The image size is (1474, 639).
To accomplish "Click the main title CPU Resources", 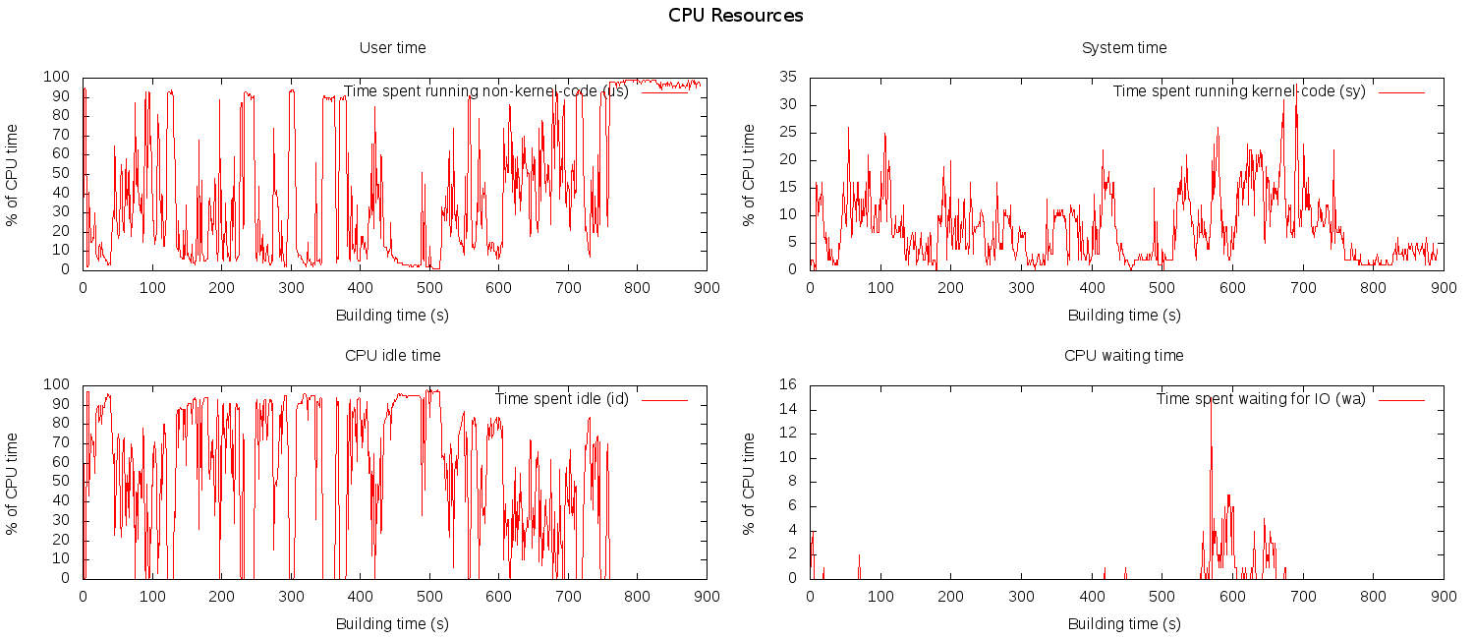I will [x=735, y=16].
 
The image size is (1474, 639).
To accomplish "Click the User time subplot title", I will [x=392, y=48].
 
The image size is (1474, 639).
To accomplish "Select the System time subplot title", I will [x=1124, y=48].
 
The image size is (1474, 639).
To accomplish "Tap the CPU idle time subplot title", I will [x=392, y=356].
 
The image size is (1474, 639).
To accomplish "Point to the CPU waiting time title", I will [x=1124, y=356].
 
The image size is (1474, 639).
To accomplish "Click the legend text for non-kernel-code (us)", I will [x=485, y=91].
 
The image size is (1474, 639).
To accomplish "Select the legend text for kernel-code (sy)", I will [x=1238, y=91].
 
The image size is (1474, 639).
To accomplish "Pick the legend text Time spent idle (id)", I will [x=561, y=399].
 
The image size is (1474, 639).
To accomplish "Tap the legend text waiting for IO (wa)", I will [x=1260, y=399].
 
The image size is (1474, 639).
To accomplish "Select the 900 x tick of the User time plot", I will [x=707, y=288].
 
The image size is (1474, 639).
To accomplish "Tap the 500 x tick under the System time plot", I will [x=1162, y=288].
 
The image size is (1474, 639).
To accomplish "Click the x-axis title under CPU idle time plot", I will [x=392, y=623].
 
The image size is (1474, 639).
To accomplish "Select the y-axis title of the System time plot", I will [x=749, y=175].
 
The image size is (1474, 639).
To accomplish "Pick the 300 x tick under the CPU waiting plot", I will [x=1021, y=597].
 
